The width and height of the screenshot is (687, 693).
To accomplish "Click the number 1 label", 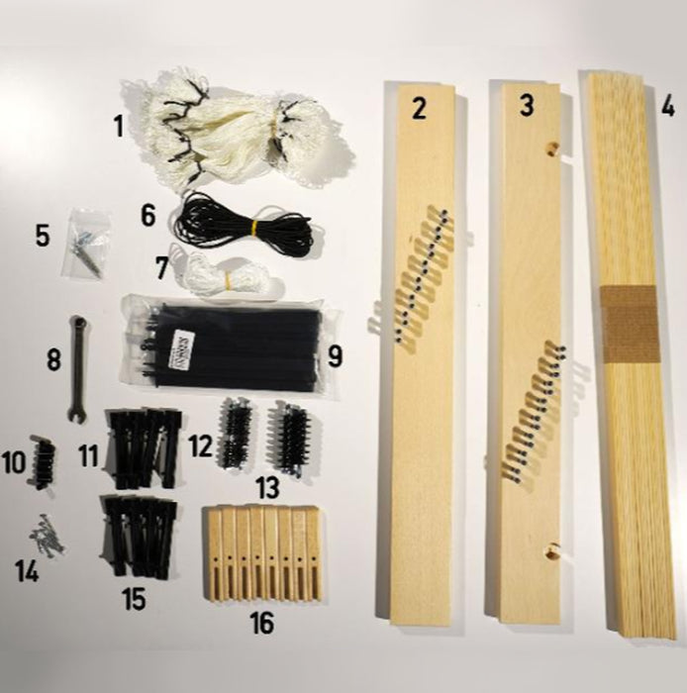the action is (119, 126).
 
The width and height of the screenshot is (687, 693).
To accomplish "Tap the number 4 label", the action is (667, 106).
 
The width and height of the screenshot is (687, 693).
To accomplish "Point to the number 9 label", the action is (336, 356).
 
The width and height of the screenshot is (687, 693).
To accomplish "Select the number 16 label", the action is (262, 623).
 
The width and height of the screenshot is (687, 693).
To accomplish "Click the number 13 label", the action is (268, 487).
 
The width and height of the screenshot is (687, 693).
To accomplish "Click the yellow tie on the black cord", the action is (254, 228).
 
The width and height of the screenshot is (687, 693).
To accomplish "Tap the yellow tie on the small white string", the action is (229, 279).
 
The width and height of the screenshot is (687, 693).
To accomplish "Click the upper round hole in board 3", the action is (550, 148).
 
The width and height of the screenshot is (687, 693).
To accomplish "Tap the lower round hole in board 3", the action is (551, 552).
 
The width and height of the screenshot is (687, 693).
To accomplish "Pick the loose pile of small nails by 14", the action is (47, 536).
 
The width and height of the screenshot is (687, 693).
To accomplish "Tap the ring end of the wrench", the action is (79, 322).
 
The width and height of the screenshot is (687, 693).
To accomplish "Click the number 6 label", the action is (148, 216).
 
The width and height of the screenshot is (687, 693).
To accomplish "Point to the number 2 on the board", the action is (420, 109).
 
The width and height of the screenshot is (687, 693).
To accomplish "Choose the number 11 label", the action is (89, 455).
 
